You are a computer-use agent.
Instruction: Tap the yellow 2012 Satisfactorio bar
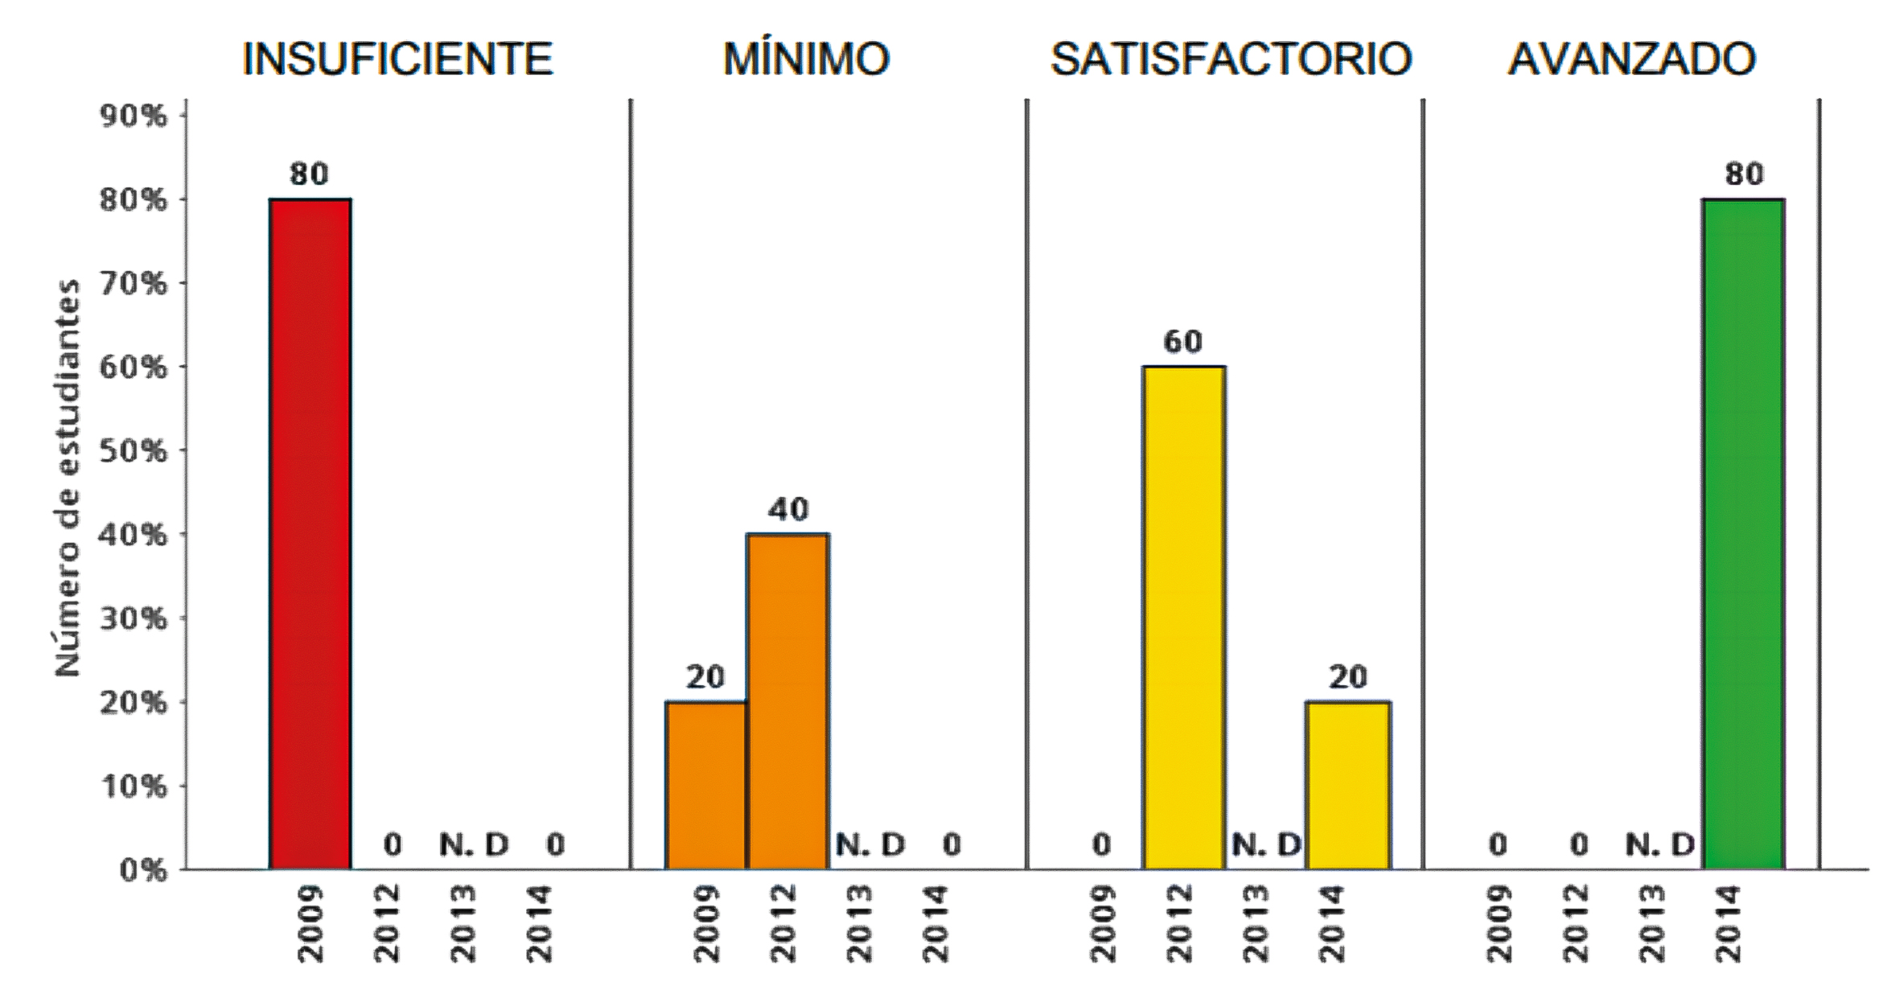coord(1184,617)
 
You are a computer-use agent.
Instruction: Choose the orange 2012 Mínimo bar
coord(787,700)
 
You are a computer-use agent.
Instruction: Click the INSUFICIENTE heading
coord(398,59)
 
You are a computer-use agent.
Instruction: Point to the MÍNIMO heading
coord(806,59)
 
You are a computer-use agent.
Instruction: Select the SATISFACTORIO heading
coord(1231,59)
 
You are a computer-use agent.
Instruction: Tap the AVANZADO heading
coord(1631,59)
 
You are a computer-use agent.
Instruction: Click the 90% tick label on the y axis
coord(133,117)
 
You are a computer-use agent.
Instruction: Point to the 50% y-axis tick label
coord(133,451)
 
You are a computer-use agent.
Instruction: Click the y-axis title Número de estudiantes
coord(69,479)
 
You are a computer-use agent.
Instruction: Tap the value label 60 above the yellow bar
coord(1183,342)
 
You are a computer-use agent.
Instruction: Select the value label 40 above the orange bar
coord(788,509)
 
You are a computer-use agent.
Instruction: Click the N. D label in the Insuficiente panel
coord(474,844)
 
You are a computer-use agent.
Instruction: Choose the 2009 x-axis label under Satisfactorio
coord(1103,922)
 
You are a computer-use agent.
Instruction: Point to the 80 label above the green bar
coord(1744,174)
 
